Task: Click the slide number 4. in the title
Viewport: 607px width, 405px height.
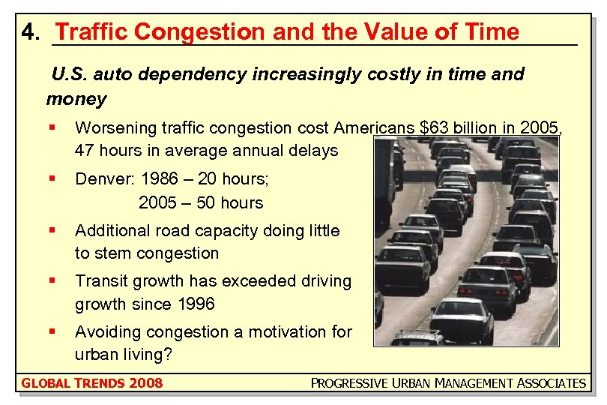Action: point(31,32)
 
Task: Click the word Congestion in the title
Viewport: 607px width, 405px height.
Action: point(200,32)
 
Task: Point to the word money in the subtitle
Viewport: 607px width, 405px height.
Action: point(76,98)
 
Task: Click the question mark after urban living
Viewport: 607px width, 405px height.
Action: point(168,354)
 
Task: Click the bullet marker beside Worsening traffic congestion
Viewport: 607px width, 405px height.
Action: point(51,127)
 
